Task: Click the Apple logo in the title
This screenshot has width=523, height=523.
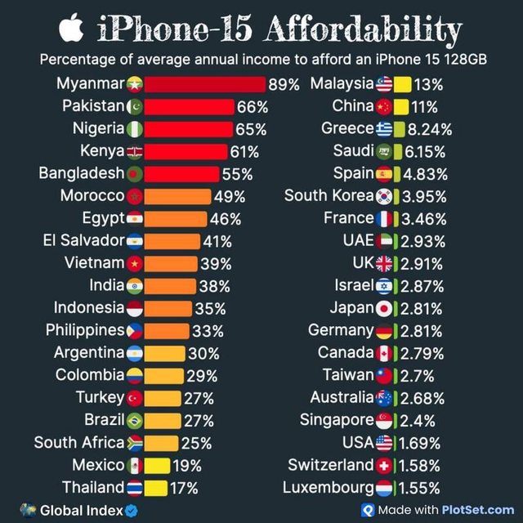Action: tap(72, 29)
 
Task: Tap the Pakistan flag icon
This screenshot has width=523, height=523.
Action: tap(136, 106)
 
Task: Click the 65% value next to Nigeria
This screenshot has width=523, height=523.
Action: tap(251, 129)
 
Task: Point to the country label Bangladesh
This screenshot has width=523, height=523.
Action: tap(81, 173)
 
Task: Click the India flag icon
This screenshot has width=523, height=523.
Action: tap(136, 285)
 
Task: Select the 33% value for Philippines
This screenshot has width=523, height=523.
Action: tap(207, 331)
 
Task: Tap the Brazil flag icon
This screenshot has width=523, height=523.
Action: tap(136, 420)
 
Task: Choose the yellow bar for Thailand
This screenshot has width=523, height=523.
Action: tap(157, 488)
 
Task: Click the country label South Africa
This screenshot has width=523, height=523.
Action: tap(78, 443)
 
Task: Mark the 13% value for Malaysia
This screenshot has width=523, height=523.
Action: tap(429, 84)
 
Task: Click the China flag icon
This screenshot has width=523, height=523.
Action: tap(385, 106)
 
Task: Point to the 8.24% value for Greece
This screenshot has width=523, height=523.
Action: tap(430, 129)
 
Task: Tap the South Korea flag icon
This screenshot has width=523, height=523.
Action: tap(385, 196)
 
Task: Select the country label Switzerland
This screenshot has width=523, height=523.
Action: tap(330, 465)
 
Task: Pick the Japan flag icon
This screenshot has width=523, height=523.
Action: tap(385, 308)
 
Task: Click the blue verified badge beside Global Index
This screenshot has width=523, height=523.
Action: tap(129, 509)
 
